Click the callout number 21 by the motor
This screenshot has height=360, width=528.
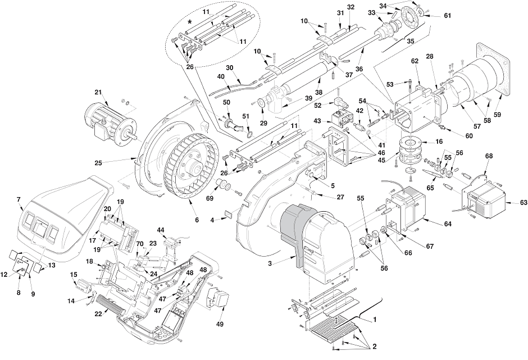coord(98,93)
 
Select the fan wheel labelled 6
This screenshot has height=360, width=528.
coord(191,168)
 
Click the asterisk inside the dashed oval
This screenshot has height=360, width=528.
coord(190,22)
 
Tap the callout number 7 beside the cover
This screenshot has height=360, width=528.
coord(19,200)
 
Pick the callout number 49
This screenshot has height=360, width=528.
coord(220,324)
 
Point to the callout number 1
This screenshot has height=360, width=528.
coord(375,319)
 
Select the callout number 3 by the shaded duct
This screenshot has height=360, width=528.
coord(270,263)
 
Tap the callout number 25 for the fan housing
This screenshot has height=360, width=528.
coord(98,163)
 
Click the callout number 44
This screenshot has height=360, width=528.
coord(161,230)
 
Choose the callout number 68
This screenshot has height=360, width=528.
coord(489,156)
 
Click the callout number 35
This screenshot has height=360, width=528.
coord(410,42)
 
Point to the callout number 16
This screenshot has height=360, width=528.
coord(439,142)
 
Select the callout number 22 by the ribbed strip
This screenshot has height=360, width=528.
coord(98,313)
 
